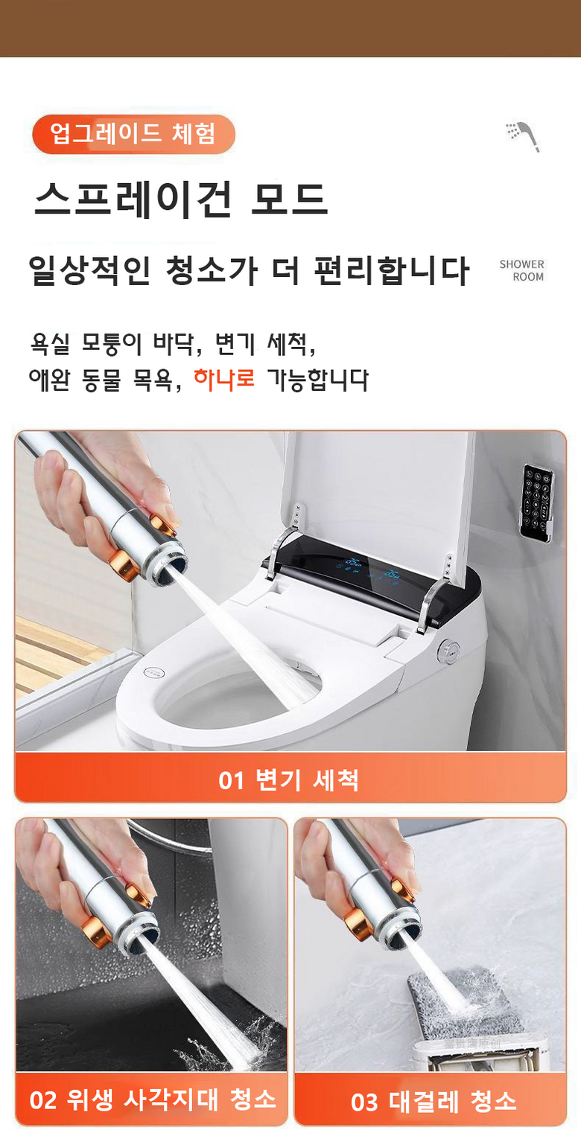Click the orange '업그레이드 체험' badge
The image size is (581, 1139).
(133, 134)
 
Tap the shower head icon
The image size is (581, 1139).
(523, 136)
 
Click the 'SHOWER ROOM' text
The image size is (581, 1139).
(521, 270)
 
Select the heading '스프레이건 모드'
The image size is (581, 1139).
(180, 199)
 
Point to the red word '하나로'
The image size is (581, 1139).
(224, 379)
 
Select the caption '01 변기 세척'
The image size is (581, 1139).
(289, 780)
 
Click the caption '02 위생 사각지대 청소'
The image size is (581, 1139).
(153, 1100)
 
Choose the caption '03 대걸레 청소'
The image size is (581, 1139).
(434, 1101)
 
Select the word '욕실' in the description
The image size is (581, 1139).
(49, 344)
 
